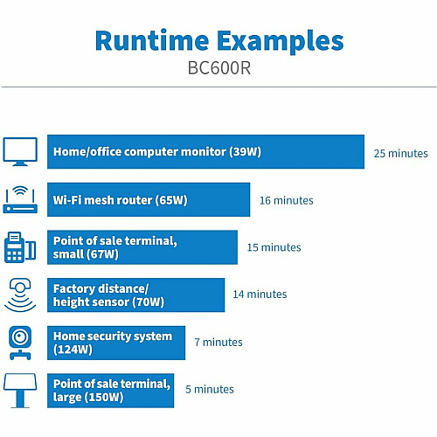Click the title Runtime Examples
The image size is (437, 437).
(219, 42)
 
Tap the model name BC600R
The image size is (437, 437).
(219, 68)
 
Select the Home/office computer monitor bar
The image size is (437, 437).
(205, 151)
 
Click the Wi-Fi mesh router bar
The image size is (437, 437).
(149, 199)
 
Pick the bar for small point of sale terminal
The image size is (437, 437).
(142, 247)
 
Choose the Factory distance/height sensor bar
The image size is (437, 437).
(136, 295)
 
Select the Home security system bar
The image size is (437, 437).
(116, 343)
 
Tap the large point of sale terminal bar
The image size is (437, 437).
(111, 391)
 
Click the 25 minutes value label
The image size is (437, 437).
(401, 153)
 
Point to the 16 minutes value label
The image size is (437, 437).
(287, 200)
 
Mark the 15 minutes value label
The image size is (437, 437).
(274, 247)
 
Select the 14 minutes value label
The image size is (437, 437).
(260, 295)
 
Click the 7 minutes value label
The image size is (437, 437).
(218, 342)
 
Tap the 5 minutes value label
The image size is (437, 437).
(210, 389)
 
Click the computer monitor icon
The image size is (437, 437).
(20, 151)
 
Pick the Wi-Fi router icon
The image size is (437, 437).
(20, 200)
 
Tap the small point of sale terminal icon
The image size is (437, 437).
(20, 247)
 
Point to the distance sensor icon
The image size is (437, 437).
(20, 295)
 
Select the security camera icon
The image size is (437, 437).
(20, 343)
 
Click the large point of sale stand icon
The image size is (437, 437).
(20, 391)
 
